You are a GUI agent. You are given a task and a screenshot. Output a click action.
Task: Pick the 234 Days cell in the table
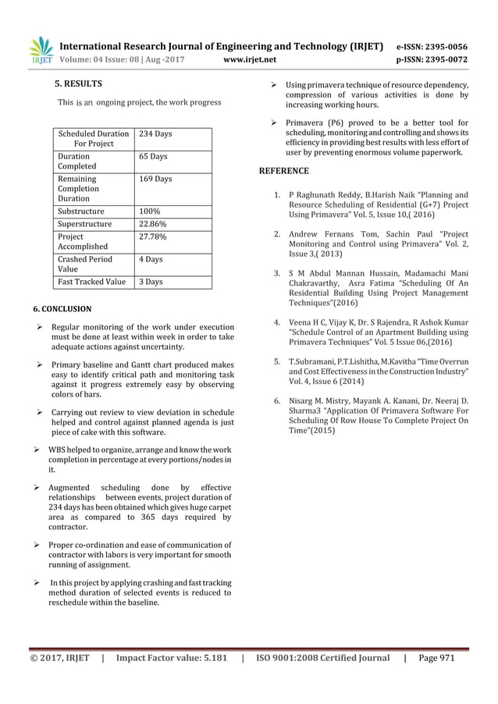[155, 134]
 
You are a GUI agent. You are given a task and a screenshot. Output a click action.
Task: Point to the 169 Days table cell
[155, 179]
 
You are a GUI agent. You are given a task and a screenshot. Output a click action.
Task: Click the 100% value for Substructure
[150, 211]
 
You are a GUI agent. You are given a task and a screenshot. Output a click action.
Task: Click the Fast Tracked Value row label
[92, 282]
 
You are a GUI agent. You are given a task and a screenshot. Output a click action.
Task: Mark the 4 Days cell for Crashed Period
[150, 259]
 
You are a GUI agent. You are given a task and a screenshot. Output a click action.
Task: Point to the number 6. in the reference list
[278, 400]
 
